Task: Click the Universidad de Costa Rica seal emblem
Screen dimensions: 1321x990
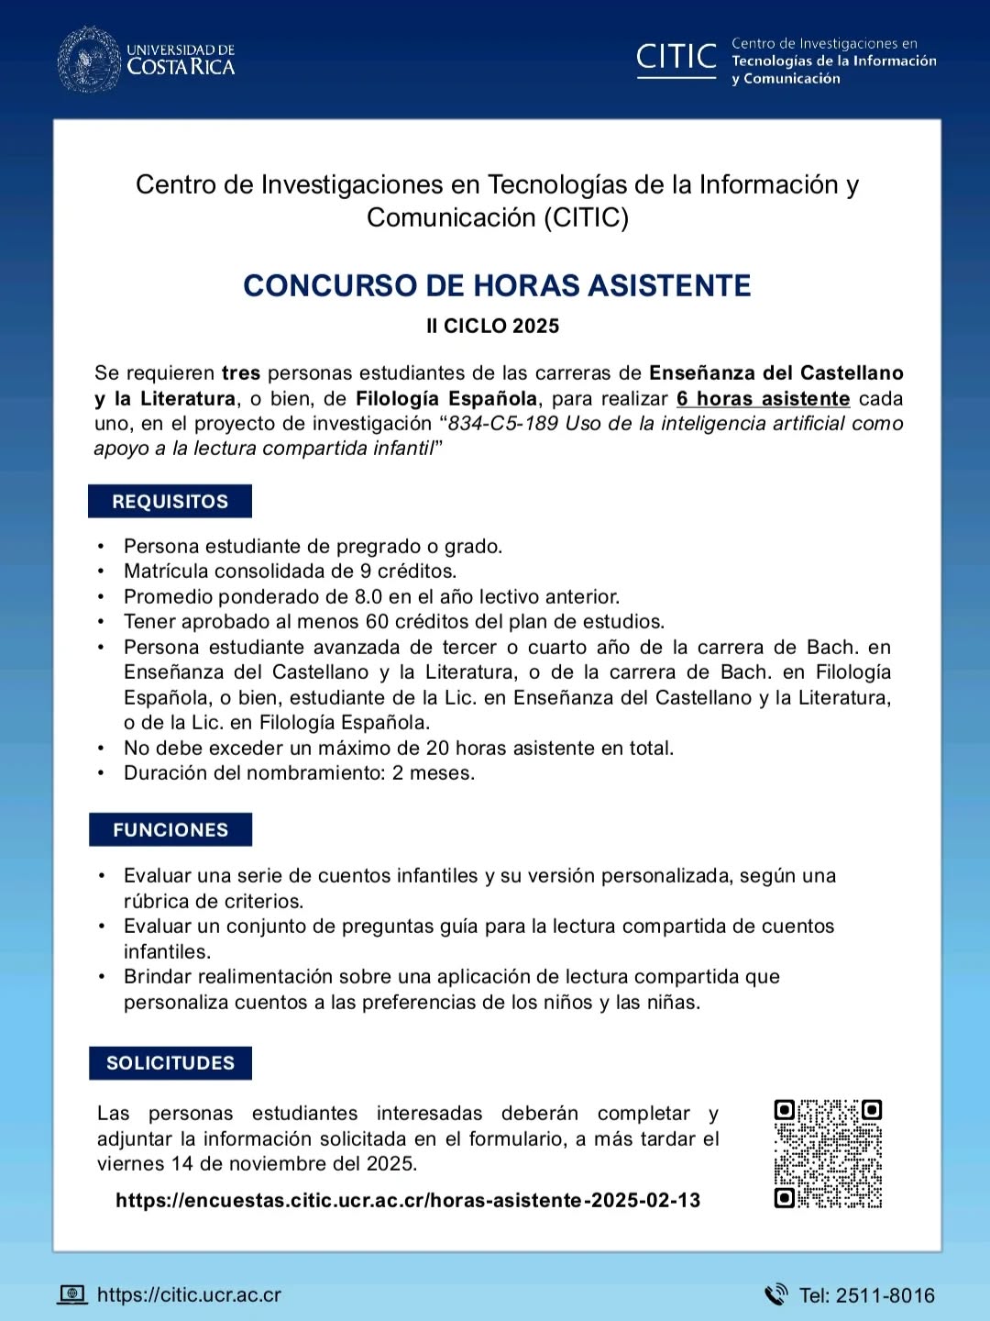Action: pyautogui.click(x=89, y=60)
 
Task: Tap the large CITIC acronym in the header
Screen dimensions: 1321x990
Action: pyautogui.click(x=676, y=57)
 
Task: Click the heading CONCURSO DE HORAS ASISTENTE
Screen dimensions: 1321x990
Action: pyautogui.click(x=497, y=285)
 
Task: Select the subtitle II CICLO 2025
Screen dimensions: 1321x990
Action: pyautogui.click(x=492, y=326)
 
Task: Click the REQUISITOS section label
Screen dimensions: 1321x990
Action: pyautogui.click(x=170, y=502)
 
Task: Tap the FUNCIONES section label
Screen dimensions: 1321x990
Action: pyautogui.click(x=170, y=830)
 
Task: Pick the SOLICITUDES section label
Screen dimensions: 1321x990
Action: pyautogui.click(x=170, y=1063)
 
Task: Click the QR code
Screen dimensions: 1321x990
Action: pyautogui.click(x=828, y=1153)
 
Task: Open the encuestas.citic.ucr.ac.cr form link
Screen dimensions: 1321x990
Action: pyautogui.click(x=408, y=1201)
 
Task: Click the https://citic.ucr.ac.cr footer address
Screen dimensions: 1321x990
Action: pyautogui.click(x=189, y=1295)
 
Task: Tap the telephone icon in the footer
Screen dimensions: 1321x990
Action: pyautogui.click(x=775, y=1294)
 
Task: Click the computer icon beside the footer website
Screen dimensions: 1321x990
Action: pyautogui.click(x=72, y=1294)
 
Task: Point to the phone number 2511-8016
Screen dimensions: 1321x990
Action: pyautogui.click(x=885, y=1295)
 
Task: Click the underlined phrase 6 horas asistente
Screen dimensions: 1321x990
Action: pyautogui.click(x=763, y=399)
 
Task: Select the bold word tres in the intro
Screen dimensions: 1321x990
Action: pyautogui.click(x=241, y=373)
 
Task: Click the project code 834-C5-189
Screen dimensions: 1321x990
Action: pyautogui.click(x=502, y=424)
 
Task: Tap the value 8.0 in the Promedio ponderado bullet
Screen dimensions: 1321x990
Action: pyautogui.click(x=368, y=596)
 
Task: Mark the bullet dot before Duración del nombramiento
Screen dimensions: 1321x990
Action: pyautogui.click(x=101, y=773)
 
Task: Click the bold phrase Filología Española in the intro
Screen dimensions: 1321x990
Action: pyautogui.click(x=446, y=399)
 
